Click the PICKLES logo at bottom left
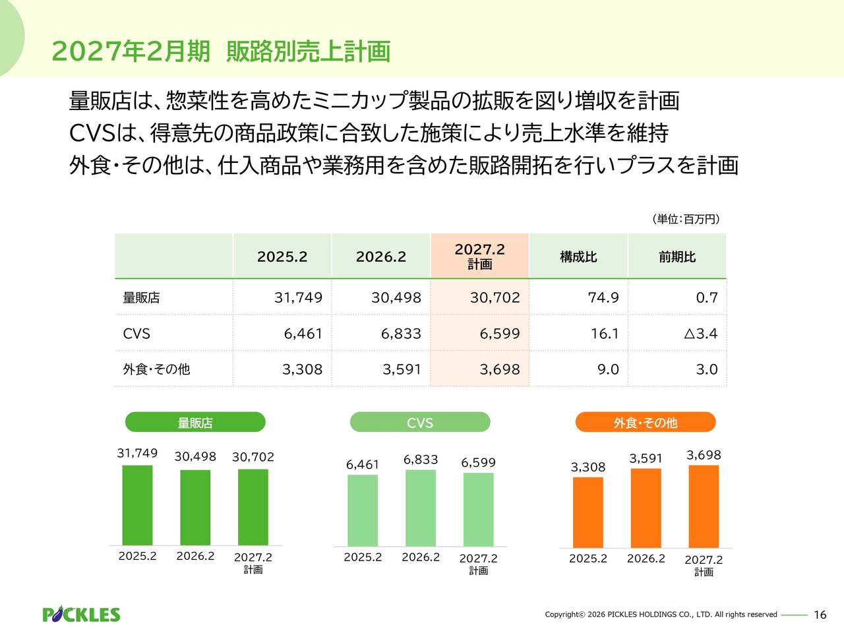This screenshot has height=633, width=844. (81, 615)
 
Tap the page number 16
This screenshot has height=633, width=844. (820, 615)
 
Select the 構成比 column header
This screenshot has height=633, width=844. (578, 256)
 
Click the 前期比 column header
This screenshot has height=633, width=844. (677, 256)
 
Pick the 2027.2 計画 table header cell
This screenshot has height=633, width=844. (479, 256)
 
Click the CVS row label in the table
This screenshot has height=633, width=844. (136, 334)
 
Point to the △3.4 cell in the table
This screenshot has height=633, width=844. (700, 334)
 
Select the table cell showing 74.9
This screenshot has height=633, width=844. (603, 297)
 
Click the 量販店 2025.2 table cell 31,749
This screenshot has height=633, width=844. (298, 297)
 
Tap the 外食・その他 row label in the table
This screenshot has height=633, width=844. (156, 369)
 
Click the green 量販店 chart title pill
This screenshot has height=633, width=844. (195, 423)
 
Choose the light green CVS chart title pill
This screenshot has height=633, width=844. (420, 423)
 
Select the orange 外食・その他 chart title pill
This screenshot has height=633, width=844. (646, 423)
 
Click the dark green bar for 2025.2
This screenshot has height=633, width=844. (137, 505)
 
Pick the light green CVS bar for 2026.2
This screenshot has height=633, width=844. (421, 508)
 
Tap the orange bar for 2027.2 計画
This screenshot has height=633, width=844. (704, 506)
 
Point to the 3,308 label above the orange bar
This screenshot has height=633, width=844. (588, 467)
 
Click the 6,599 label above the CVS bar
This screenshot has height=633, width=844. (478, 462)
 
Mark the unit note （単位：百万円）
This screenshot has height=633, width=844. (686, 219)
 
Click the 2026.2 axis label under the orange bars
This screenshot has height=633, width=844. (646, 558)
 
